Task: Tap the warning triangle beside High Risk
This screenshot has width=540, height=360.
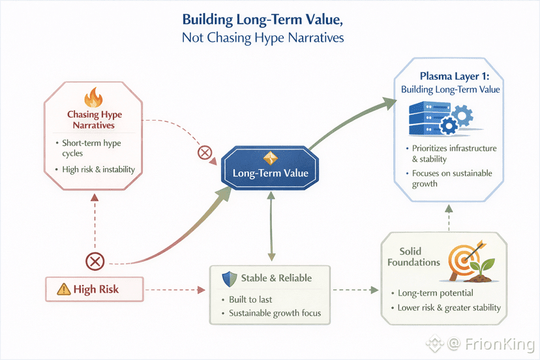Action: coord(63,289)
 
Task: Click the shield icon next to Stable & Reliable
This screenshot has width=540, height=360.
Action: coord(227,278)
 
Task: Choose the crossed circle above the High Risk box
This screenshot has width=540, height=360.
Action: coord(95,262)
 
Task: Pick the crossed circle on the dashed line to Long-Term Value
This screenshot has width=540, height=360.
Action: coord(204,154)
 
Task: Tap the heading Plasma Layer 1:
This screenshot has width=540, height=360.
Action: coord(450,77)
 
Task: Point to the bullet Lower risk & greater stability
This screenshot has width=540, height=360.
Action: coord(449,308)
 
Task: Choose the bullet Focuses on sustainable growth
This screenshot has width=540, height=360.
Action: coord(452,179)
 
